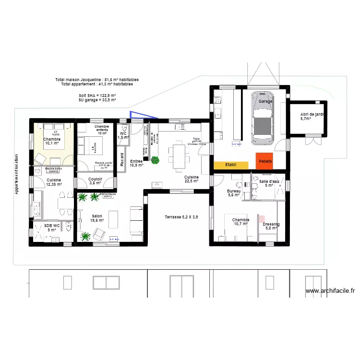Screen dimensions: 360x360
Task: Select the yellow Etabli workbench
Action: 231,165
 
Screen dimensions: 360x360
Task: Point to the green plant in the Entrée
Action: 155,160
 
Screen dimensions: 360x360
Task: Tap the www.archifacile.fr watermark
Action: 330,291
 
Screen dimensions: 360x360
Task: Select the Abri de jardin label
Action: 312,116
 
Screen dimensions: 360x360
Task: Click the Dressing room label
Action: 271,226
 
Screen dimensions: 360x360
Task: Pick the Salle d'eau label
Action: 269,183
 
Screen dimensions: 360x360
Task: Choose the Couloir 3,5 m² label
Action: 96,180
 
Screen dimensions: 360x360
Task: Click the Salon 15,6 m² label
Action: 97,218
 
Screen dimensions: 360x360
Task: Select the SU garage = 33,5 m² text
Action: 97,100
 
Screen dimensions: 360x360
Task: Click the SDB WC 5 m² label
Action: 52,228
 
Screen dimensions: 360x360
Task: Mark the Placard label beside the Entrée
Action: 122,159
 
